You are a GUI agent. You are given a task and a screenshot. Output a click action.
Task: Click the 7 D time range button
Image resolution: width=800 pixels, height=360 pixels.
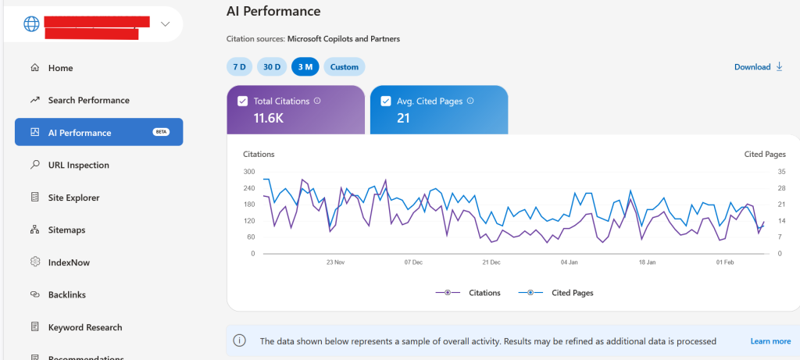click(x=239, y=66)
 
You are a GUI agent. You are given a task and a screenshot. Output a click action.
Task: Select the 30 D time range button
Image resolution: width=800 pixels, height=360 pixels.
click(x=272, y=66)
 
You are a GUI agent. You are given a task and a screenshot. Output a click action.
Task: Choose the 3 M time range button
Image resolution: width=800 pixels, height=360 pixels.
click(x=305, y=66)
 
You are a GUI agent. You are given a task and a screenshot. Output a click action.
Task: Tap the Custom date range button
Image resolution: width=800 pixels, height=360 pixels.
click(x=344, y=66)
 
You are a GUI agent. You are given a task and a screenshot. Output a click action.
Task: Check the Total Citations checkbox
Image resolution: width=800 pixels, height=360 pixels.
click(x=242, y=101)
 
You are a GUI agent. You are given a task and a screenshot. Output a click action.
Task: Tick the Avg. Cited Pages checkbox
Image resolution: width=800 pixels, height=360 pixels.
click(x=385, y=101)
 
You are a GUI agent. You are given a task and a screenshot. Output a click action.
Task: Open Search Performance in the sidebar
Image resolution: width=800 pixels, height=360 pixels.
click(x=88, y=100)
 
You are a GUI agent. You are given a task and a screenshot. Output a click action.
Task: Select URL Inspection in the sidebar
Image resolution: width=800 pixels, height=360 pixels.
click(x=78, y=165)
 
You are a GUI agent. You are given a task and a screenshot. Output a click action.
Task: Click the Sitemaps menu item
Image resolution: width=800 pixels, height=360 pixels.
click(x=66, y=230)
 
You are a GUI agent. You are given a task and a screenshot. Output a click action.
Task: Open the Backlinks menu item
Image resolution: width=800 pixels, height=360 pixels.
click(x=66, y=294)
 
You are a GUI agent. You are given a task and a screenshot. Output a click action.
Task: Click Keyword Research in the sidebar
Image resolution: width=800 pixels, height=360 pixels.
click(x=85, y=327)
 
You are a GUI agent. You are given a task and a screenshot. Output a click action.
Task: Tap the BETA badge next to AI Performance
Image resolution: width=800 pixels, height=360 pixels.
click(x=162, y=132)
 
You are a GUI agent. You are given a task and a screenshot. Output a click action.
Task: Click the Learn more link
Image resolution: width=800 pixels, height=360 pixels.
click(x=770, y=341)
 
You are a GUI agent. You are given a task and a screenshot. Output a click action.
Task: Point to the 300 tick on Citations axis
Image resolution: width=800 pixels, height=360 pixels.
click(x=248, y=172)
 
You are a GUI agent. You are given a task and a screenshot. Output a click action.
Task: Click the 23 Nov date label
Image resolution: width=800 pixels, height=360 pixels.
click(x=335, y=262)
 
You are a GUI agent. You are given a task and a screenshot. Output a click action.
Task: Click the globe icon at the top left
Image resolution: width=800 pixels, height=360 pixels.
click(x=31, y=23)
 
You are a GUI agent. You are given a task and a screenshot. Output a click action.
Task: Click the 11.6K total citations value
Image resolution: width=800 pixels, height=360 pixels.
click(x=270, y=118)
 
